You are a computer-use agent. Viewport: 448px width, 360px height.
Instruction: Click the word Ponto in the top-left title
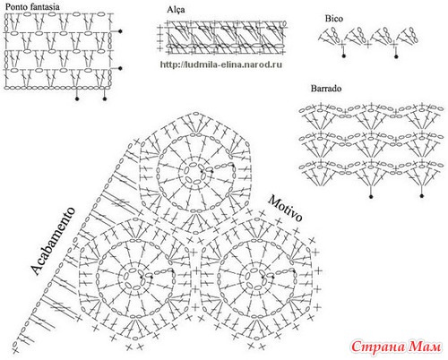pyautogui.click(x=14, y=6)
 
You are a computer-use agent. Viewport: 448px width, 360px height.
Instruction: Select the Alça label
pyautogui.click(x=176, y=10)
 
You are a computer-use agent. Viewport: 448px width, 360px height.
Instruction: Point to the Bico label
pyautogui.click(x=334, y=19)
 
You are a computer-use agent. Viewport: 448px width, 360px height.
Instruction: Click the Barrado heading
pyautogui.click(x=326, y=89)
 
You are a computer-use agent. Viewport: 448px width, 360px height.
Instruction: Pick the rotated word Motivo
pyautogui.click(x=285, y=209)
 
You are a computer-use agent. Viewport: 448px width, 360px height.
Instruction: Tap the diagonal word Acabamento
pyautogui.click(x=53, y=241)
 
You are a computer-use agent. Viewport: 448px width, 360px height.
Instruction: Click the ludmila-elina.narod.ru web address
pyautogui.click(x=221, y=64)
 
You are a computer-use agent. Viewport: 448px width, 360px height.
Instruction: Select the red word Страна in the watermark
pyautogui.click(x=378, y=347)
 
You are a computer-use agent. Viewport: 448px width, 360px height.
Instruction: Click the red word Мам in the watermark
pyautogui.click(x=425, y=347)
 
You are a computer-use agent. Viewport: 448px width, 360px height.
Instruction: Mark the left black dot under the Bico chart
pyautogui.click(x=343, y=56)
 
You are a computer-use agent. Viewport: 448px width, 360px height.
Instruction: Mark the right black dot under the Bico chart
pyautogui.click(x=396, y=56)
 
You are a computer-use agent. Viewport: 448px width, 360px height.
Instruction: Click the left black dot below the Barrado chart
pyautogui.click(x=371, y=196)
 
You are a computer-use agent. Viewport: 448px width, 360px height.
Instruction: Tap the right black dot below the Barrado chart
pyautogui.click(x=422, y=196)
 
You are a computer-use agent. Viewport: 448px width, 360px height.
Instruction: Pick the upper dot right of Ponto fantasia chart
pyautogui.click(x=120, y=31)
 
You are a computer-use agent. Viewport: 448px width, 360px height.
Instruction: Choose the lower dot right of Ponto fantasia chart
pyautogui.click(x=120, y=68)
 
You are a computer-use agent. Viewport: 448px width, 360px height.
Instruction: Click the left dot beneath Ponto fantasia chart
pyautogui.click(x=77, y=99)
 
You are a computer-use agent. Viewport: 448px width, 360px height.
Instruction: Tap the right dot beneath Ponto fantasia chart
pyautogui.click(x=105, y=99)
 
